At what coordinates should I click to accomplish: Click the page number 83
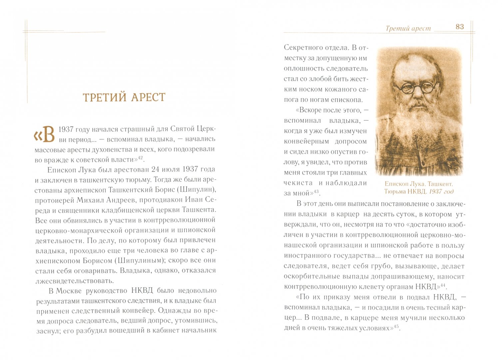(x=460, y=27)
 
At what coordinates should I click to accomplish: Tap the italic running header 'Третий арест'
(x=408, y=29)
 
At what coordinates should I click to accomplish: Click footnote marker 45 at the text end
(x=396, y=327)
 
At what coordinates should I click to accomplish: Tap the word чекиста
(x=298, y=183)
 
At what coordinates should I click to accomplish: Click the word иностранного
(x=306, y=256)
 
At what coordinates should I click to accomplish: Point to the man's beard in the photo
(x=418, y=127)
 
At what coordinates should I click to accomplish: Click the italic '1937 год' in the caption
(x=441, y=191)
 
